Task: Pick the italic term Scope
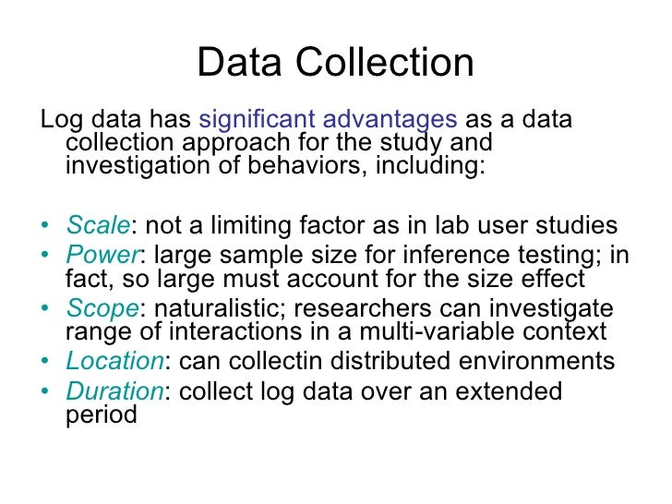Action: coord(101,309)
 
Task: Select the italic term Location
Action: coord(114,361)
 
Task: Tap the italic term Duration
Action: coord(114,391)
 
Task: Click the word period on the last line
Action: coord(102,414)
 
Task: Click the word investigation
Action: coord(144,168)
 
